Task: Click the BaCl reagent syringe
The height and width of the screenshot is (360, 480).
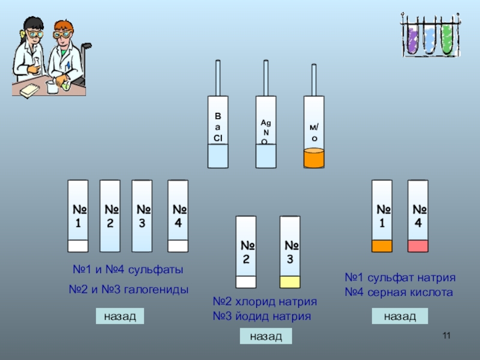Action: [x=217, y=132]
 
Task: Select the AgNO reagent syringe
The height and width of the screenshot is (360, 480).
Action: [x=266, y=132]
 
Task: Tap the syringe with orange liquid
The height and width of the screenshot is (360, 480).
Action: [x=314, y=132]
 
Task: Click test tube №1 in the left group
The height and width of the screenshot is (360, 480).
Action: [x=78, y=216]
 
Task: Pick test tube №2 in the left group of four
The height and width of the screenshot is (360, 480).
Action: [x=110, y=216]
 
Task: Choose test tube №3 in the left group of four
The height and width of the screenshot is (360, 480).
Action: [x=142, y=216]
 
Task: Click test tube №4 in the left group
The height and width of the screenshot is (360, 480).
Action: [x=178, y=216]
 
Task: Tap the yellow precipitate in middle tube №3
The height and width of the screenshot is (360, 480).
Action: [x=290, y=282]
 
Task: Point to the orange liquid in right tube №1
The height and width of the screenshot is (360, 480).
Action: [x=382, y=245]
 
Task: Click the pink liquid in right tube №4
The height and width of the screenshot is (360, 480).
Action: [x=418, y=245]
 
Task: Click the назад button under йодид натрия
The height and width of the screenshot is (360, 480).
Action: [x=266, y=336]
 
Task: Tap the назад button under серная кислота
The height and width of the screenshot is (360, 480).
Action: [x=400, y=316]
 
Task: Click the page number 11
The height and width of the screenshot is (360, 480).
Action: [x=446, y=335]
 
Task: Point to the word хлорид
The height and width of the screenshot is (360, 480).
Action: [x=254, y=301]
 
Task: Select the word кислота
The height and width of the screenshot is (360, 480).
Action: [x=430, y=293]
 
